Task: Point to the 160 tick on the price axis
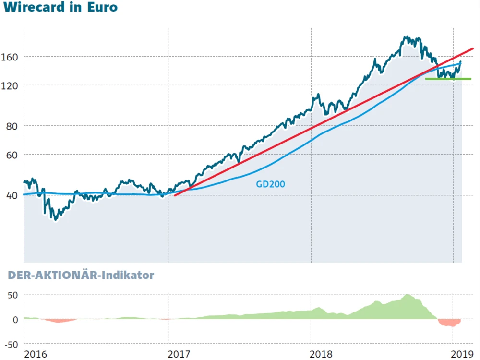tap(10, 57)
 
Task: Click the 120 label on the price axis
tap(10, 85)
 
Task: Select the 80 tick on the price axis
tap(12, 126)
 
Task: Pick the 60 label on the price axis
tap(12, 155)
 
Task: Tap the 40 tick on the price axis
tap(12, 195)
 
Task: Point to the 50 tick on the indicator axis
tap(12, 294)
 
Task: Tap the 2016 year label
tap(36, 354)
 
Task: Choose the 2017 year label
tap(180, 354)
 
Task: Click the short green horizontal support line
tap(448, 79)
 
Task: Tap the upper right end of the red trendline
tap(472, 48)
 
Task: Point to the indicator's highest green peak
tap(408, 295)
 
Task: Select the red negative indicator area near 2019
tap(450, 323)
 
